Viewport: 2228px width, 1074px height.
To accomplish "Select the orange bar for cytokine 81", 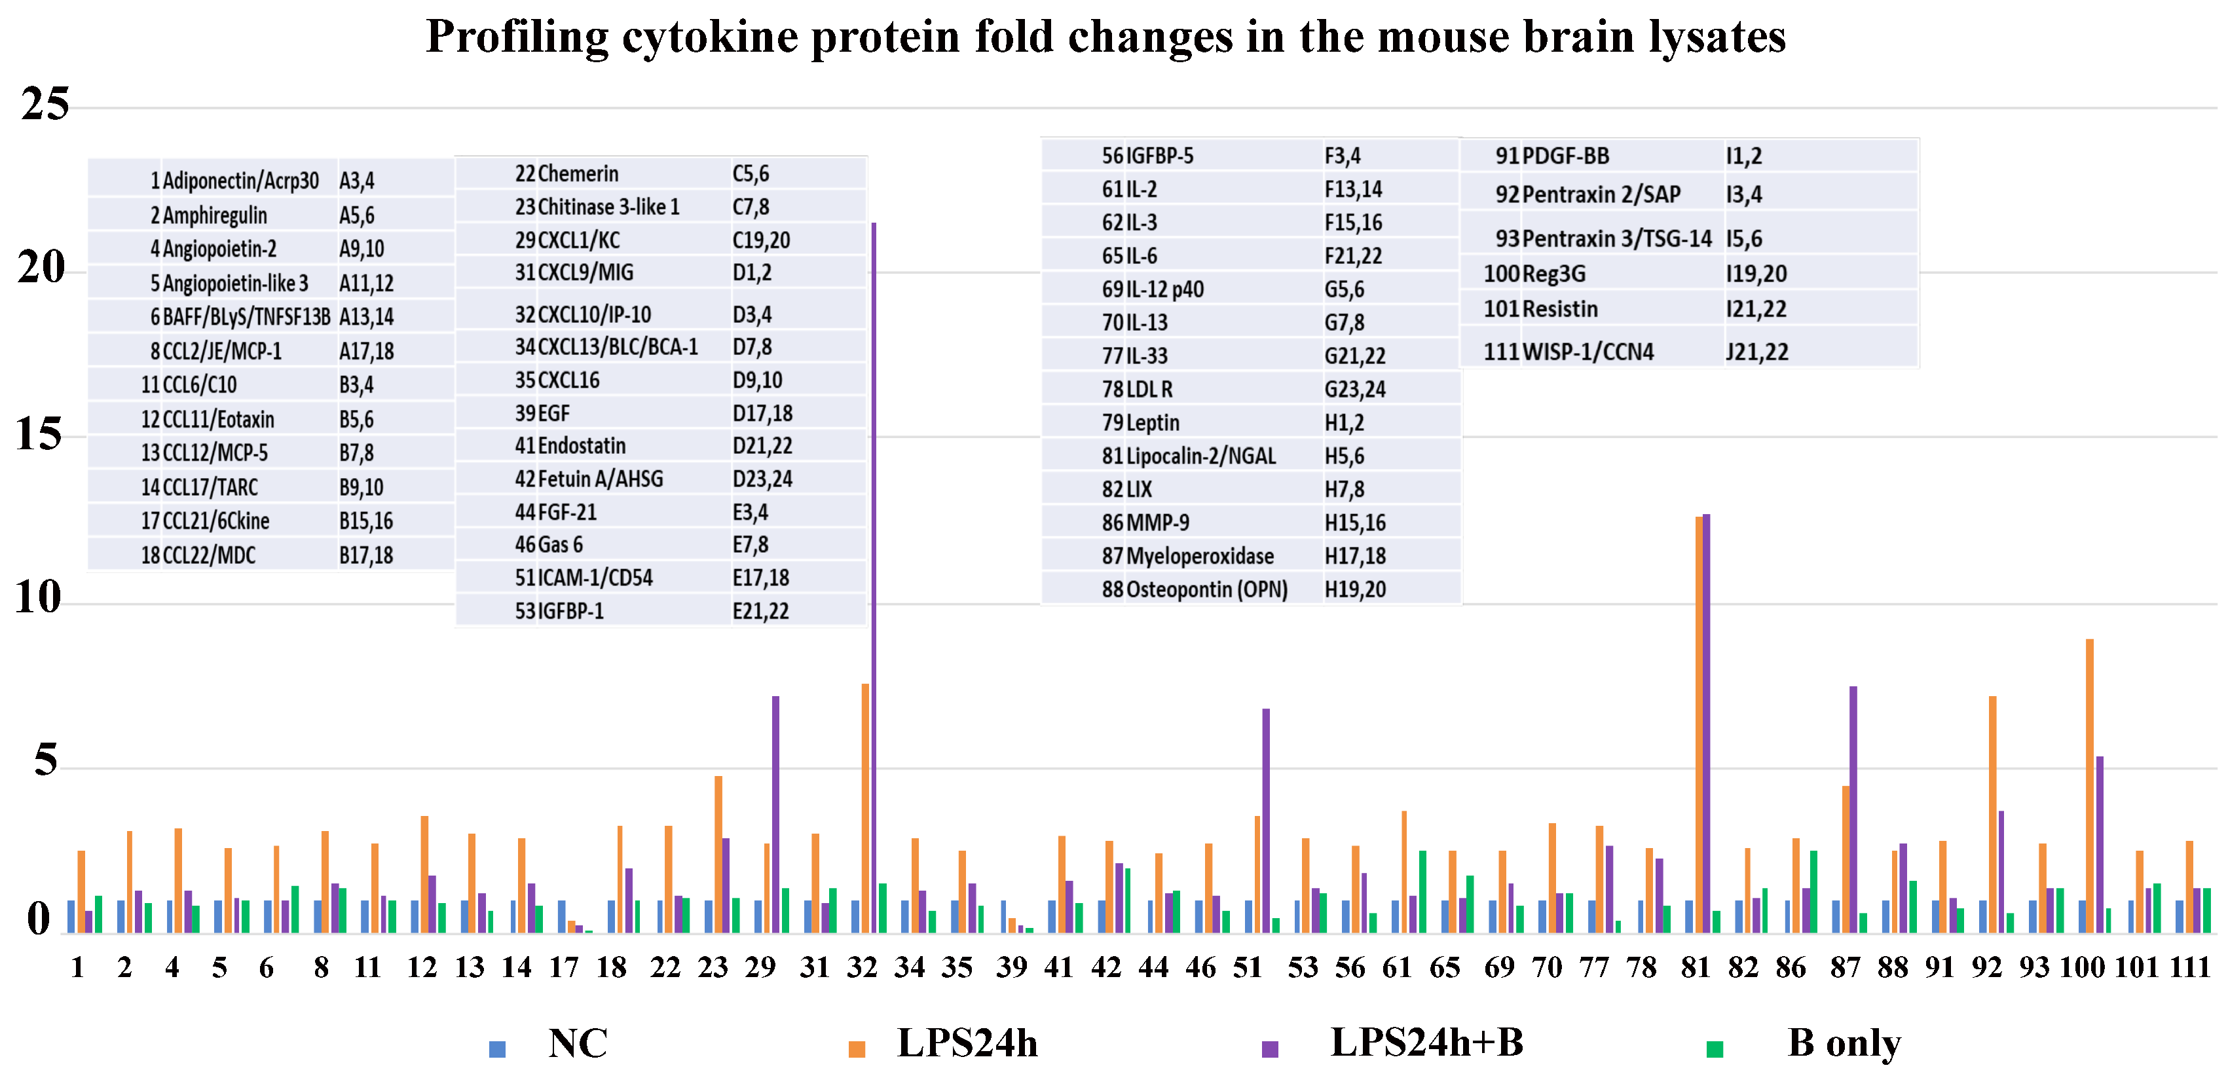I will (x=1699, y=726).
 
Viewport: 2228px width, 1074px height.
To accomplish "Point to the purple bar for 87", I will (x=1853, y=809).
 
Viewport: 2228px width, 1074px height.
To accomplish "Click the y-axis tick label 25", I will (x=45, y=105).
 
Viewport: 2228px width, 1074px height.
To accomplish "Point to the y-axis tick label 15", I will (x=39, y=435).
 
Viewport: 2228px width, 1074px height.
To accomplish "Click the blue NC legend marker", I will (x=497, y=1049).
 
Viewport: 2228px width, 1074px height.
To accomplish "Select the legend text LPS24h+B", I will (x=1426, y=1043).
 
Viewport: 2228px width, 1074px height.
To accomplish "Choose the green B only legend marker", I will (x=1715, y=1049).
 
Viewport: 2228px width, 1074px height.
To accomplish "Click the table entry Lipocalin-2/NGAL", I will (x=1200, y=456).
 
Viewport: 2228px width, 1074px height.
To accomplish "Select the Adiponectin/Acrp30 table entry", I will (x=240, y=181).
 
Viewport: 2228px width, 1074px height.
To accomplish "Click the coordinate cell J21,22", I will (x=1756, y=352).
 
